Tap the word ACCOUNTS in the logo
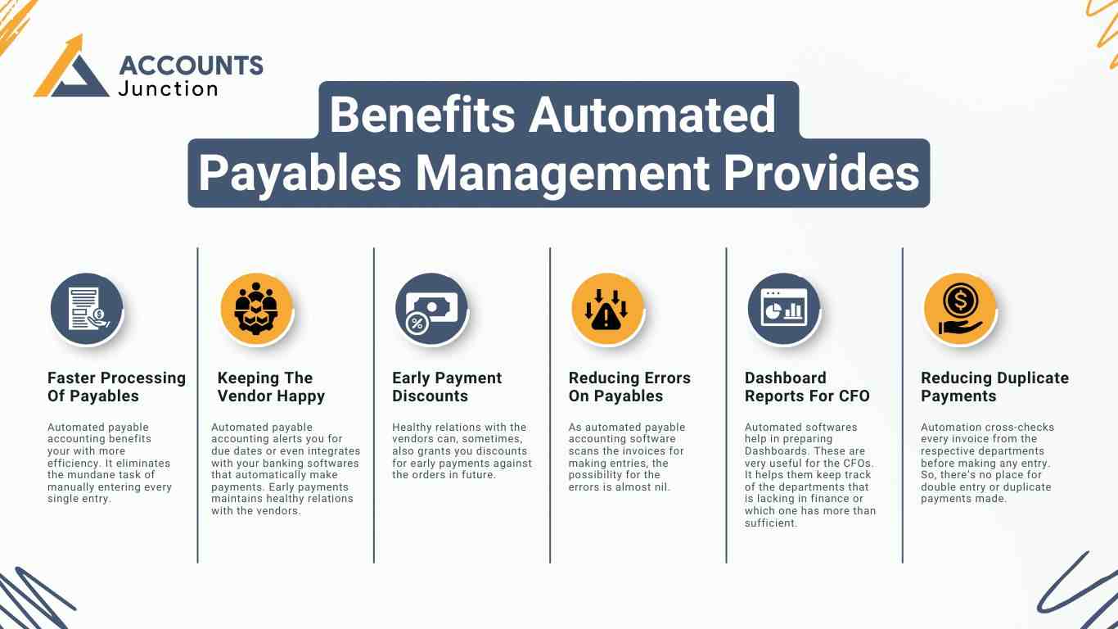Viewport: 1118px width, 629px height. coord(192,66)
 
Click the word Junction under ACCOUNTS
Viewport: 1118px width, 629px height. coord(169,89)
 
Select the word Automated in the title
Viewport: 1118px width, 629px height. coord(651,115)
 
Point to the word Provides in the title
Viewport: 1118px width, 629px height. coord(821,173)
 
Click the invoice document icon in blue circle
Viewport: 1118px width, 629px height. coord(87,309)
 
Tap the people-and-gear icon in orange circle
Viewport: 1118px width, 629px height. coord(256,309)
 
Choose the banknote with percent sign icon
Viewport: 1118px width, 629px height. coord(431,309)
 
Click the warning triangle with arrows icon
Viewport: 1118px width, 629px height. coord(607,309)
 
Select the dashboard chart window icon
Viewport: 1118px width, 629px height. coord(783,309)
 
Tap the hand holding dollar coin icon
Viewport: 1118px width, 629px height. coord(960,309)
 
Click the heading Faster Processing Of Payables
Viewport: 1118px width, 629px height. coord(116,387)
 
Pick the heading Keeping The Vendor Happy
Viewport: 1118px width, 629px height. coord(271,387)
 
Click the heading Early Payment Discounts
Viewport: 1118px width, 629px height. coord(447,387)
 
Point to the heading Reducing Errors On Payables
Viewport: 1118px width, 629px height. coord(629,387)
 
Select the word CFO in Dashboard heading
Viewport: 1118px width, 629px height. coord(854,396)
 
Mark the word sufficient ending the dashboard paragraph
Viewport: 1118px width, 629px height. coord(770,523)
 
